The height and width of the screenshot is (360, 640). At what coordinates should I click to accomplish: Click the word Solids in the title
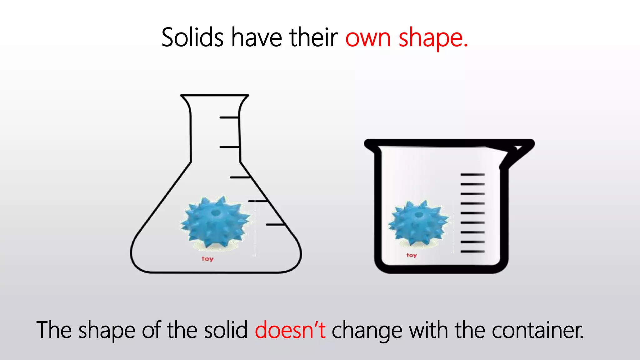(192, 37)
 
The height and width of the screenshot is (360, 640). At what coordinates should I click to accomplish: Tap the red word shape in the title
(433, 38)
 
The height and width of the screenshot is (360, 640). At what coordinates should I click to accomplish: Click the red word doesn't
(290, 330)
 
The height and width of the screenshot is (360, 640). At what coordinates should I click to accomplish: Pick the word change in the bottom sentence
(367, 331)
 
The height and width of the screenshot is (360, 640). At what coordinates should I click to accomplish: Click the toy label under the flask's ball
(207, 259)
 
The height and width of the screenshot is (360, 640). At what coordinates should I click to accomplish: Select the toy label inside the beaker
(412, 255)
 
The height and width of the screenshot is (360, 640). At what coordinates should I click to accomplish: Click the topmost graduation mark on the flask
(229, 117)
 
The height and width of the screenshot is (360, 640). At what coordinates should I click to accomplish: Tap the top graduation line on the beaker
(472, 174)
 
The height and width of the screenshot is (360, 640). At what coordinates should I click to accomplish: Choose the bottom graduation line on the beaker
(472, 251)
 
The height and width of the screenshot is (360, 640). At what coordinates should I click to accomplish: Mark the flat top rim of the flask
(215, 95)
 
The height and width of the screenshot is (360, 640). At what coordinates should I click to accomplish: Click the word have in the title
(256, 37)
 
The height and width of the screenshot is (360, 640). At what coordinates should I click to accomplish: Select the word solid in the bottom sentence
(226, 330)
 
